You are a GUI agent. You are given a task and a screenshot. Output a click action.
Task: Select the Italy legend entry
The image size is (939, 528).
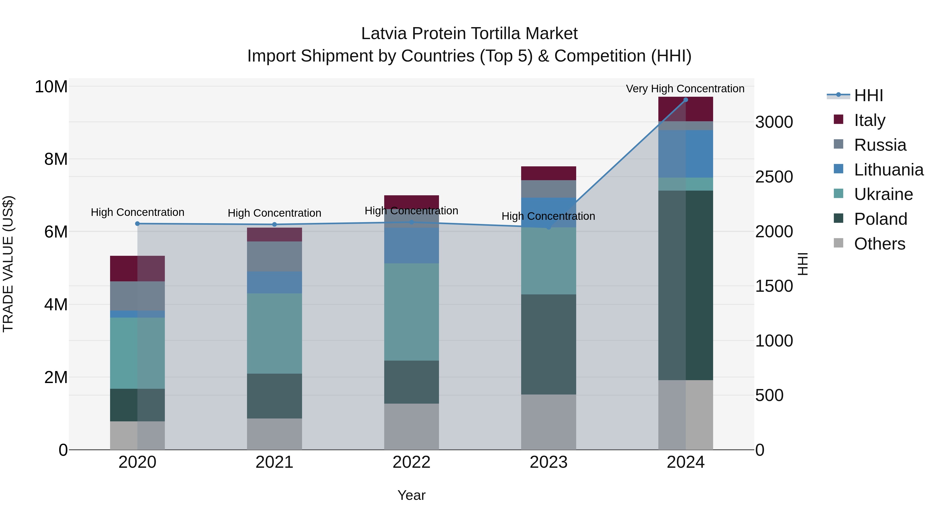point(869,120)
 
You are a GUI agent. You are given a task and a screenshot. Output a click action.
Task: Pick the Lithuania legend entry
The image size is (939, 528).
point(888,170)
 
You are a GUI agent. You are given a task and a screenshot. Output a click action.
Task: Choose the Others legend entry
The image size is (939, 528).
point(879,244)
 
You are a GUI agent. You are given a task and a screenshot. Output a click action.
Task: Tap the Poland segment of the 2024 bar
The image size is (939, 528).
point(685,285)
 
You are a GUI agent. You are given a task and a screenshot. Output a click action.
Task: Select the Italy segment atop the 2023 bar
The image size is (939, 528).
point(548,173)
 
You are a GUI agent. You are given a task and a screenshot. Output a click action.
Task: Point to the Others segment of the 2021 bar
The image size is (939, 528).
point(274,434)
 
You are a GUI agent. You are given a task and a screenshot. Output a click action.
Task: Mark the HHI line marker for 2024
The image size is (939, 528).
point(685,100)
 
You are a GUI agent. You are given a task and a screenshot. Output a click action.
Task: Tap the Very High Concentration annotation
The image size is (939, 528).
point(685,89)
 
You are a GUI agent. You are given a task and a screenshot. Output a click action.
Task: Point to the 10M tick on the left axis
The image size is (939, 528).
point(51,87)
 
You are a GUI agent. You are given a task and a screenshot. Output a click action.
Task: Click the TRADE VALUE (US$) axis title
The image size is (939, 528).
point(8,264)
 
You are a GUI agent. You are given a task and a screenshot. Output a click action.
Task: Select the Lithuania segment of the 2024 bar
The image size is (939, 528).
point(685,154)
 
